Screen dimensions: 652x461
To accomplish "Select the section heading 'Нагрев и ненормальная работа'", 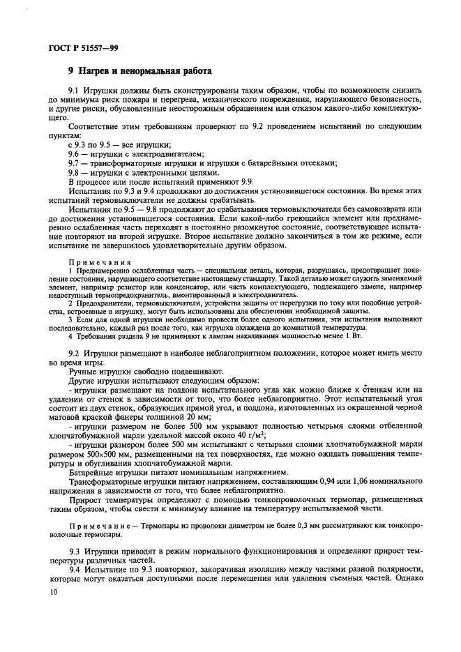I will (141, 71).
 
